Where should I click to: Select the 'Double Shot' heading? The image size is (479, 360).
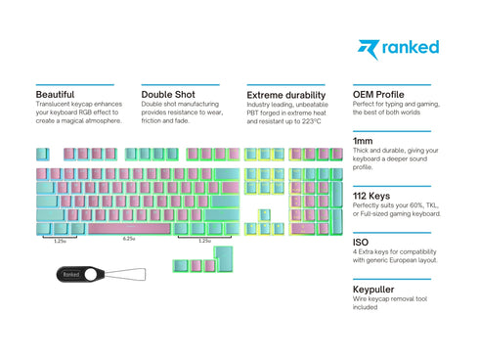(168, 95)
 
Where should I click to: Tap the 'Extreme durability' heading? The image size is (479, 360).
(285, 95)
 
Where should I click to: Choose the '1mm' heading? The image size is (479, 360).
(364, 142)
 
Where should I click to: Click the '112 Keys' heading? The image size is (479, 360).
(374, 196)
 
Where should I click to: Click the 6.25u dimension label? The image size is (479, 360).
(129, 240)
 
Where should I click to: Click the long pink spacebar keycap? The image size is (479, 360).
(129, 228)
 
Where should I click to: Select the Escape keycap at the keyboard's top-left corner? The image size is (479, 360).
(42, 154)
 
